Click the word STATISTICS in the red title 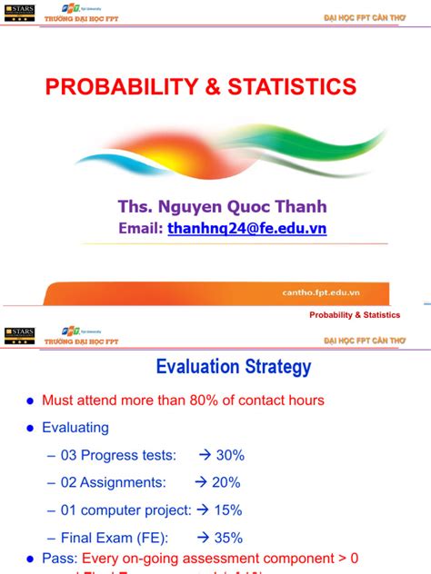pos(292,87)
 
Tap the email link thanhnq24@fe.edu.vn pos(246,229)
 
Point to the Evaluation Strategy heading pos(234,367)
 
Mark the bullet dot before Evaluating pos(30,428)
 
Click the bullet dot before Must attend pos(30,401)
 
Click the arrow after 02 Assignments pos(202,482)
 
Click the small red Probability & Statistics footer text pos(355,315)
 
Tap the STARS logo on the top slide pos(18,12)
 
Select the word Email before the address pos(140,229)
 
